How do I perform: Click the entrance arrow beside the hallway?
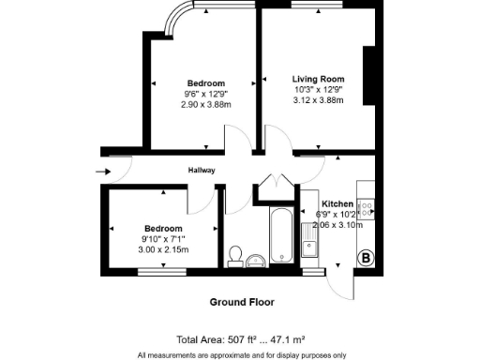pyautogui.click(x=103, y=171)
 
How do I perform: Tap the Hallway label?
pyautogui.click(x=202, y=171)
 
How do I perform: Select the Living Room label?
pyautogui.click(x=318, y=79)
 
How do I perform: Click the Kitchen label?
pyautogui.click(x=337, y=204)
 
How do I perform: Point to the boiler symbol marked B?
pyautogui.click(x=366, y=257)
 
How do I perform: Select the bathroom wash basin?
pyautogui.click(x=255, y=260)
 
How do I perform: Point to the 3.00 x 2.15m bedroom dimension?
pyautogui.click(x=163, y=250)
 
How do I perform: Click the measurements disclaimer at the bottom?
pyautogui.click(x=240, y=354)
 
